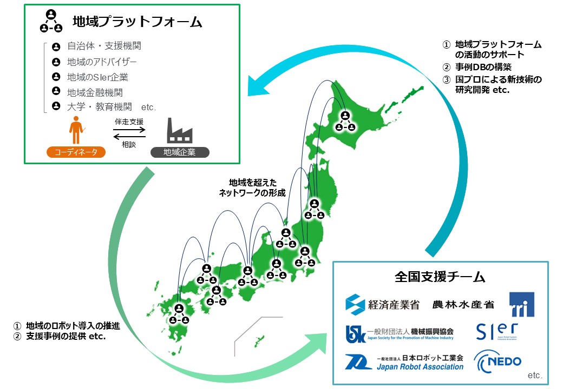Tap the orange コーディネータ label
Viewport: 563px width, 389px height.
(76, 152)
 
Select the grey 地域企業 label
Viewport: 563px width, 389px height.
(180, 152)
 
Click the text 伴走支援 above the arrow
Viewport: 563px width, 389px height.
(129, 122)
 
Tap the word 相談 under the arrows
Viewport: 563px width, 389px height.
(129, 145)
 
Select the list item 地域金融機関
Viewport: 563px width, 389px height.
(95, 92)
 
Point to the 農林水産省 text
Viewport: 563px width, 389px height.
(463, 305)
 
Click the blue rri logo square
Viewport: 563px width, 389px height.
(521, 304)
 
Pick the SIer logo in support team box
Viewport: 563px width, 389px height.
(497, 331)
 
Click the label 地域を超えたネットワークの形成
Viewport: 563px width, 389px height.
(252, 187)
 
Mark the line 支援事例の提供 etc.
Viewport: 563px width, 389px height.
(65, 336)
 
